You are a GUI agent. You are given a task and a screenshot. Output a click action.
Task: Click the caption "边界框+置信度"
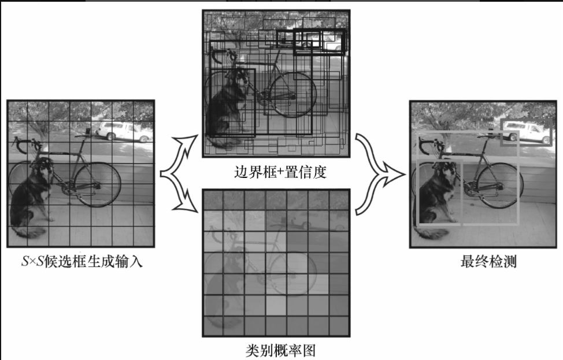pos(280,172)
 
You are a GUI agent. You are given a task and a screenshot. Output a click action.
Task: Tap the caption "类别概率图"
pos(280,350)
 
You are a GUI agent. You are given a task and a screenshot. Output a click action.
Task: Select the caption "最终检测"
pos(488,262)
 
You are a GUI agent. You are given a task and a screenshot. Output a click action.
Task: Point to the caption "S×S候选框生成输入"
pos(82,262)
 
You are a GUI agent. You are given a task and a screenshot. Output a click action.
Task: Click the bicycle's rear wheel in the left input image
pos(98,184)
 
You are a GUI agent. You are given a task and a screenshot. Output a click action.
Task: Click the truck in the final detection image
pos(527,132)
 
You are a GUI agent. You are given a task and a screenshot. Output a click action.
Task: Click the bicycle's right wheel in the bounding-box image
pos(292,95)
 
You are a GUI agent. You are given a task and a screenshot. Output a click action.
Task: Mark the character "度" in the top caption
pos(319,172)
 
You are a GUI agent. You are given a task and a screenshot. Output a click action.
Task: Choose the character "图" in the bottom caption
pos(309,350)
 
